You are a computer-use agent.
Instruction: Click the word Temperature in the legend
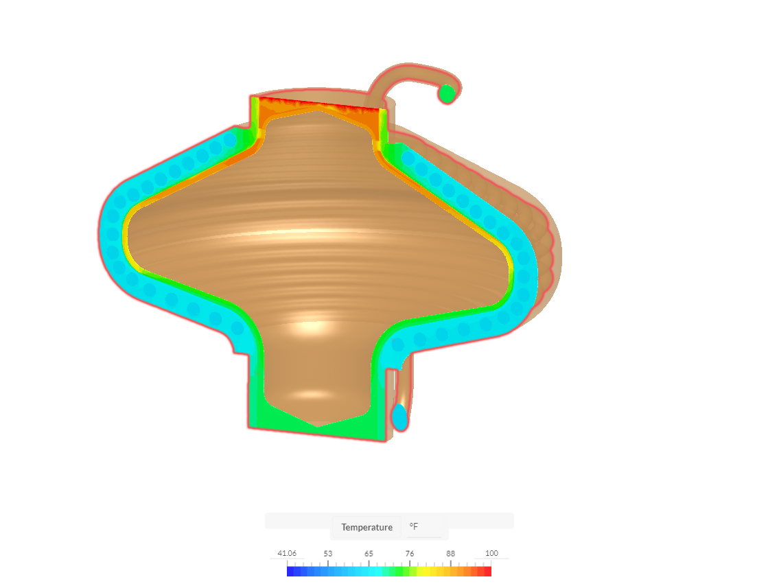click(x=367, y=527)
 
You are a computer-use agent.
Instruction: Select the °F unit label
click(x=414, y=526)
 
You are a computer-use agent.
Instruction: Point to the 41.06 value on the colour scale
click(x=287, y=553)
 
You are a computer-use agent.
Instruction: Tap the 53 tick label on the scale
click(x=328, y=553)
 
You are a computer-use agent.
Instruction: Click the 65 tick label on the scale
click(x=369, y=553)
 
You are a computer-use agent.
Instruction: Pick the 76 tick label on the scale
click(x=410, y=553)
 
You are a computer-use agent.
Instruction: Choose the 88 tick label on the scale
click(x=450, y=553)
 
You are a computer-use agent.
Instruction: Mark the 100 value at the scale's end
click(x=491, y=553)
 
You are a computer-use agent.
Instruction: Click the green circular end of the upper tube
click(x=447, y=93)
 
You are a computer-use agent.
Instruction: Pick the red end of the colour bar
click(x=487, y=571)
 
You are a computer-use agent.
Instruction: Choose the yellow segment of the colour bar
click(x=429, y=571)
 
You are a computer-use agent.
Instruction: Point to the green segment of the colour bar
click(x=398, y=571)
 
